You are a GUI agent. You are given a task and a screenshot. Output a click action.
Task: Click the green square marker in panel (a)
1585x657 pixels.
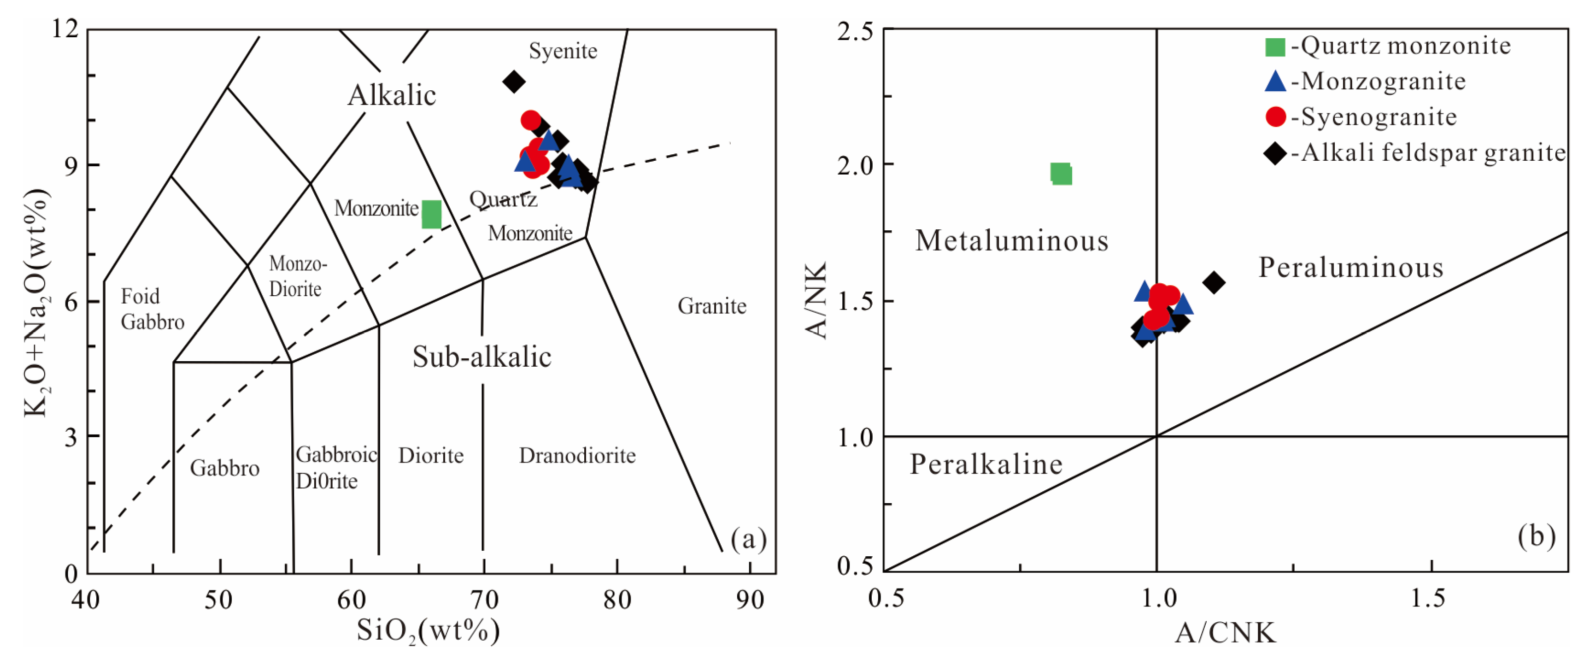(431, 214)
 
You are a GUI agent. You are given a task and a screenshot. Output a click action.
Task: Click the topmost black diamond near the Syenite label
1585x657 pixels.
(514, 81)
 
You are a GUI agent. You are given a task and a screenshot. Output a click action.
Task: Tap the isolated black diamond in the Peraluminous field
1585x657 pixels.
(1213, 282)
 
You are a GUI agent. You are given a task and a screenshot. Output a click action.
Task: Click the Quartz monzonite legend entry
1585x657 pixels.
(1400, 46)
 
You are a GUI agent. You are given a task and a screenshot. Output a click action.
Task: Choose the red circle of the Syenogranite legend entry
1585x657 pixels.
(1276, 117)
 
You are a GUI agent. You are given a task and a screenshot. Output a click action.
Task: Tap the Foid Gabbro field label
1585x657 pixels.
(152, 309)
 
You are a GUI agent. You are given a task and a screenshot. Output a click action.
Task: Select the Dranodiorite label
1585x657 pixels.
(577, 455)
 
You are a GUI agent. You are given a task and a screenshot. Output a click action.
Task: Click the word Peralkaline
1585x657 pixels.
(986, 464)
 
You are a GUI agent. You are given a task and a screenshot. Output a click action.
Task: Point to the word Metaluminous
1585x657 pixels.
(1012, 241)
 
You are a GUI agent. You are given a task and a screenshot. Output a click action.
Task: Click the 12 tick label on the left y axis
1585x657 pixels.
(65, 28)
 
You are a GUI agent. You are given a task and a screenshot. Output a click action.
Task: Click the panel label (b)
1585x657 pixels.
(1536, 536)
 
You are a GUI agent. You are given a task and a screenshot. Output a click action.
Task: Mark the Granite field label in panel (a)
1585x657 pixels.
(712, 306)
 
